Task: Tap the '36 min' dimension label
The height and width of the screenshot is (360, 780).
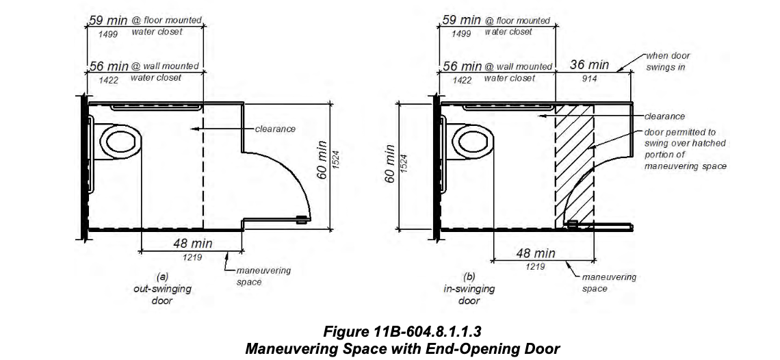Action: [x=589, y=66]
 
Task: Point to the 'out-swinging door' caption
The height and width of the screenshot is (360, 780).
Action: [x=162, y=289]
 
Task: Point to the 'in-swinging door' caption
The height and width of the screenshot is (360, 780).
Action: [x=469, y=289]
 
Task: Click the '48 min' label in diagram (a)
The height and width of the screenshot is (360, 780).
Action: [x=192, y=244]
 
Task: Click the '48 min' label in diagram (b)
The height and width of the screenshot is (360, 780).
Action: [x=535, y=254]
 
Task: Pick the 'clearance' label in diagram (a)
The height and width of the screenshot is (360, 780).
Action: [x=275, y=129]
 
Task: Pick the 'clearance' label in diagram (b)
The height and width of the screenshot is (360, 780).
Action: [x=664, y=116]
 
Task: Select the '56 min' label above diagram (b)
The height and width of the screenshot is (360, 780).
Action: [x=462, y=66]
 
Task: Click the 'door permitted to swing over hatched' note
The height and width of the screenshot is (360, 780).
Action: [x=684, y=144]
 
